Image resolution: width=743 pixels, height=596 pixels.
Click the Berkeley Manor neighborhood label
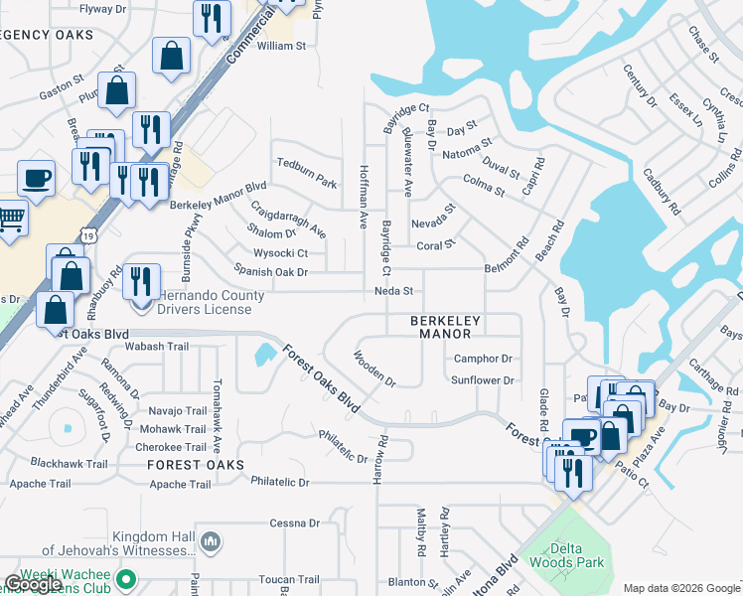446,328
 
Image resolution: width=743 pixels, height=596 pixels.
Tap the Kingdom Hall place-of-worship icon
210,541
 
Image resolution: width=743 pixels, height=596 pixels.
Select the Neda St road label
392,291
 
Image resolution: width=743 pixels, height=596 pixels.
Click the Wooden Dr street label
374,368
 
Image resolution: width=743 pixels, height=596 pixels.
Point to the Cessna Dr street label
295,522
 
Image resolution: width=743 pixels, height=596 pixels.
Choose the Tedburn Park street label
307,171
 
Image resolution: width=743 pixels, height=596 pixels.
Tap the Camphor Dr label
482,359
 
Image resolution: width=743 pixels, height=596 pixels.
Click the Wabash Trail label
157,347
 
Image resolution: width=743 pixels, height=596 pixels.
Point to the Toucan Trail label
288,579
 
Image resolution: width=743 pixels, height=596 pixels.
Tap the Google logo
33,584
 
